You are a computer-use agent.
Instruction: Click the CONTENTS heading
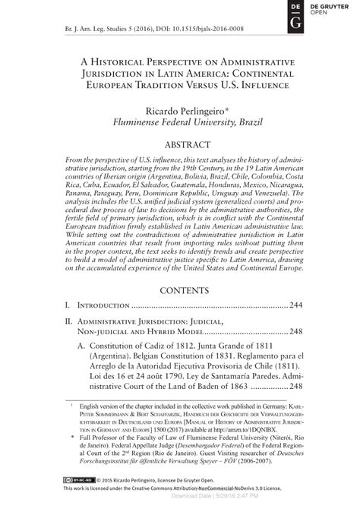point(178,291)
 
